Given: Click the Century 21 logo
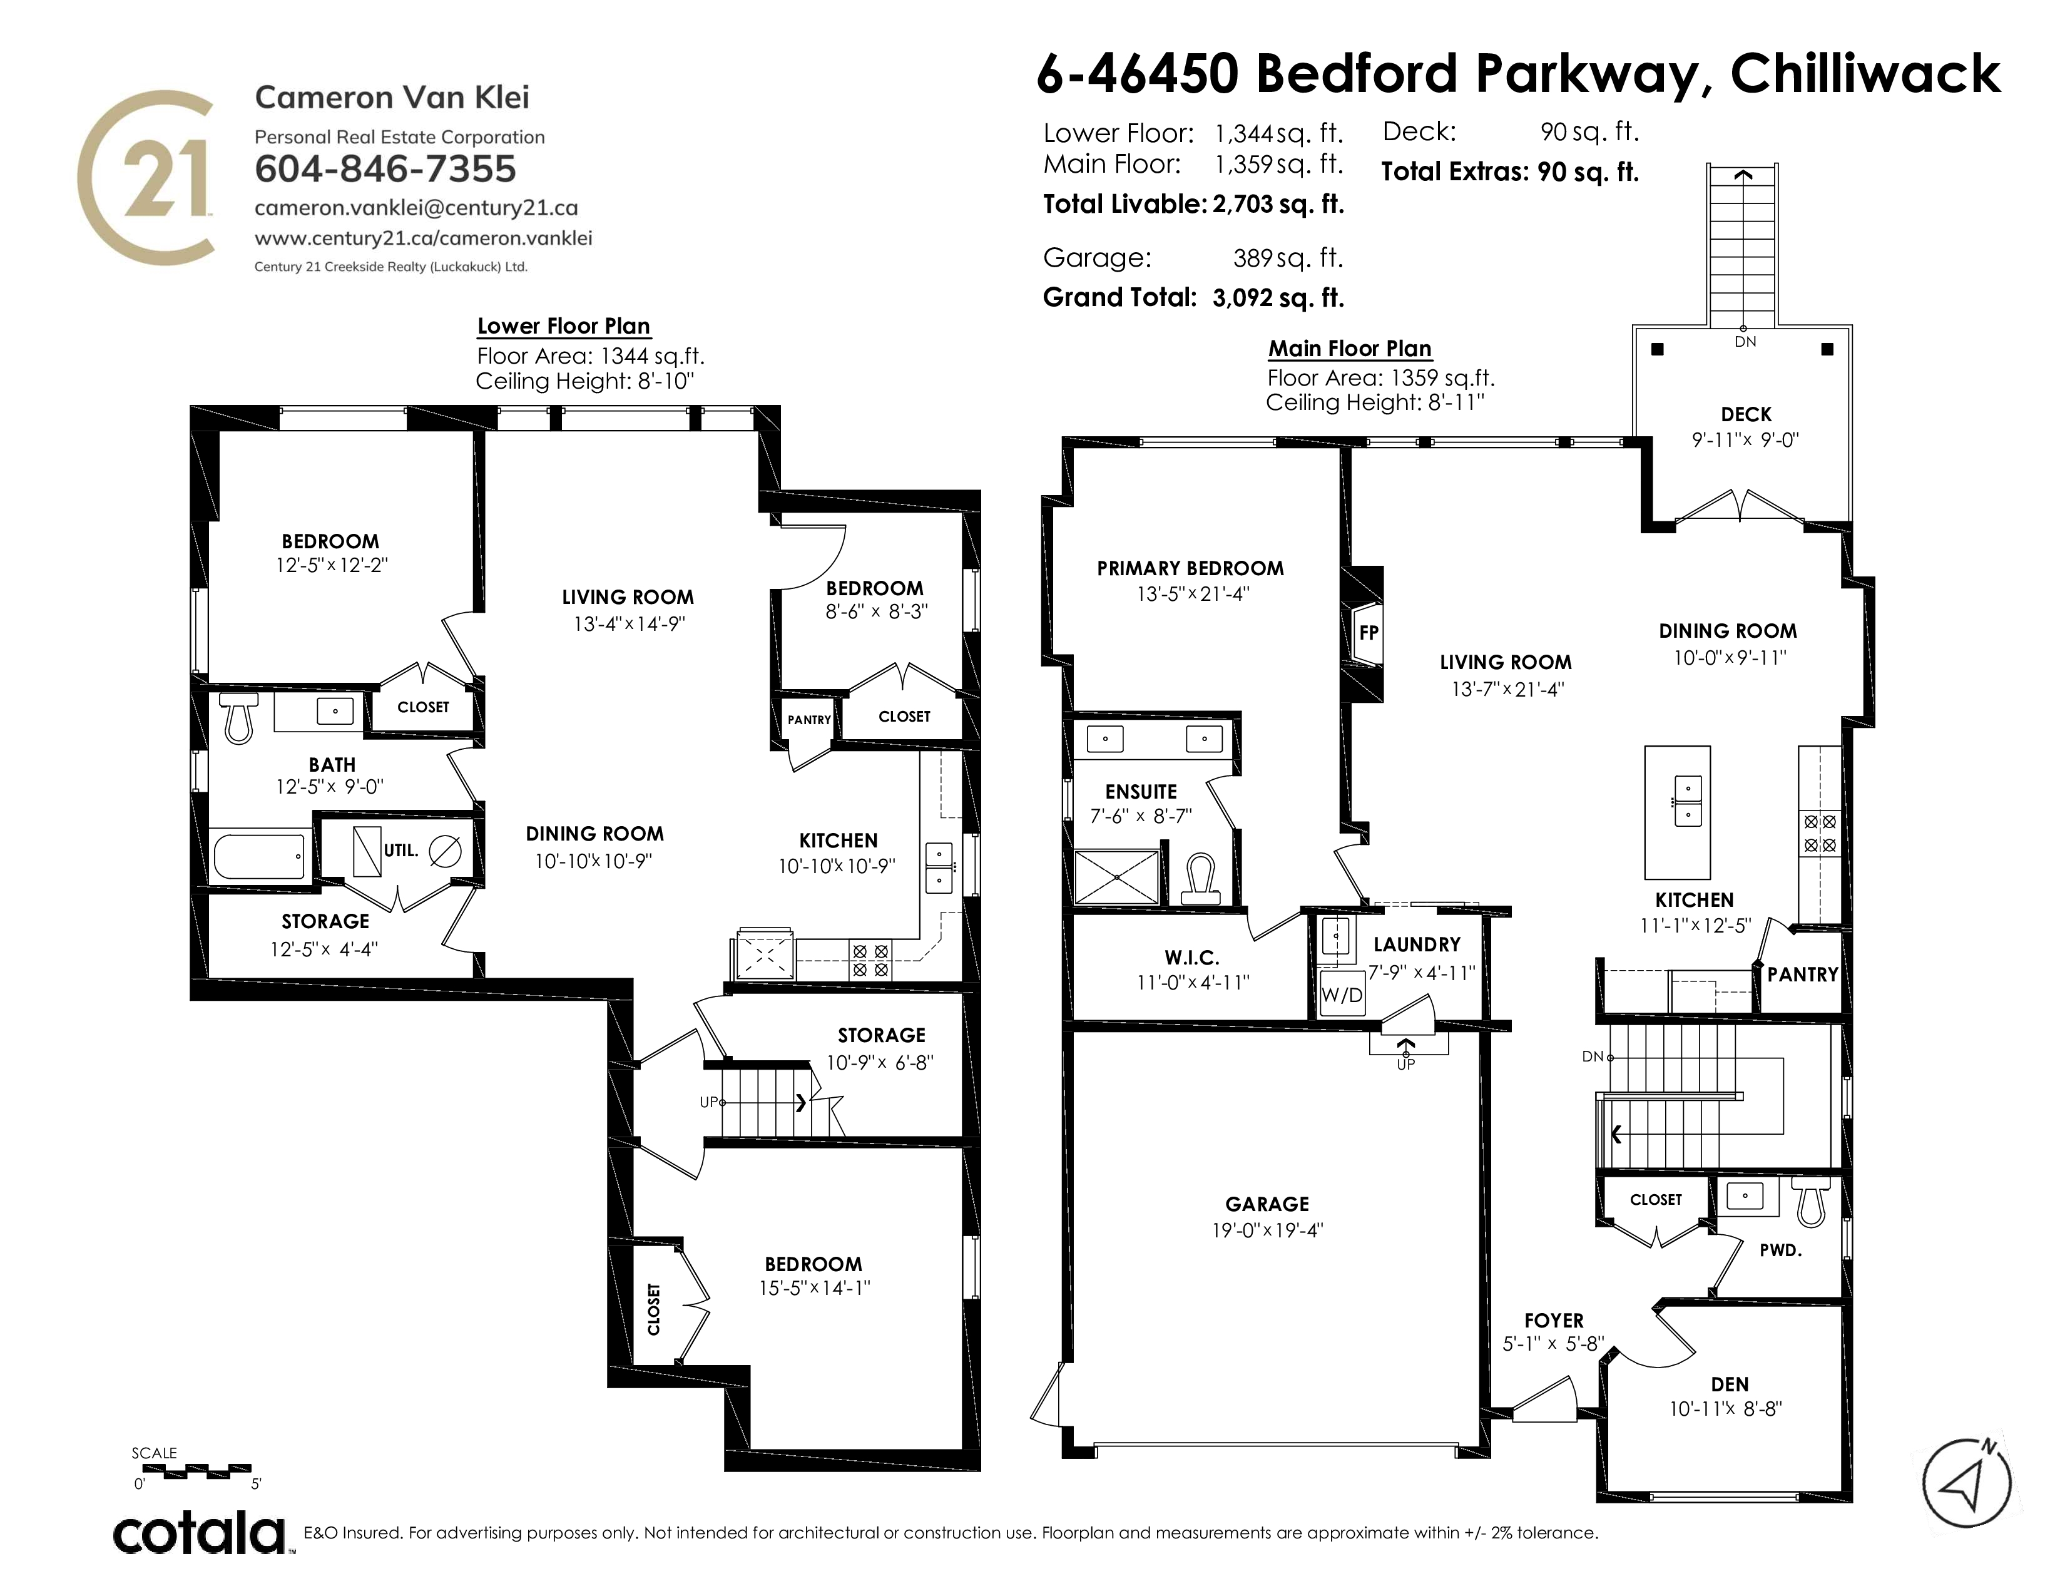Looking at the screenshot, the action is [x=145, y=176].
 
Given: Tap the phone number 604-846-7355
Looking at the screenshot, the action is [x=385, y=169].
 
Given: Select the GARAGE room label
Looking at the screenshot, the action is [x=1267, y=1204].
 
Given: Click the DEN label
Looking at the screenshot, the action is [x=1730, y=1384].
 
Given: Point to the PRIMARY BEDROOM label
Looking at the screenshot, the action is [x=1190, y=568].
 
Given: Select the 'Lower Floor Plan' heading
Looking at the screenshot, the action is [x=564, y=326].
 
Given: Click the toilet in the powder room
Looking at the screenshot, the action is [x=1811, y=1200].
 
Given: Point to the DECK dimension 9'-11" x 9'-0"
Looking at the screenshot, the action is [x=1745, y=439].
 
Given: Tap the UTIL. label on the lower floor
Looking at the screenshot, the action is [x=401, y=850].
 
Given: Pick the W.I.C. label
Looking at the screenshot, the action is [x=1191, y=958].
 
